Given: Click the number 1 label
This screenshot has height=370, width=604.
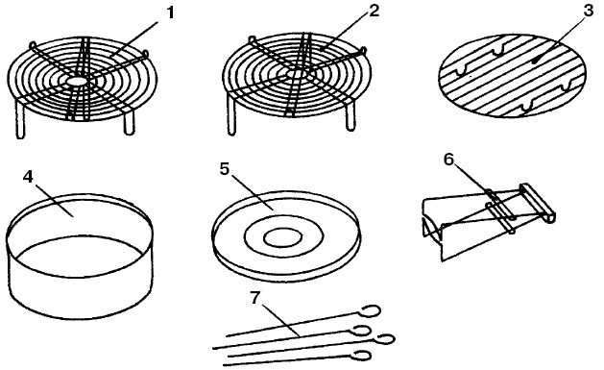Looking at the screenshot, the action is (170, 13).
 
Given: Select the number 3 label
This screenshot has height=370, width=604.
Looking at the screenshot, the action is (589, 11).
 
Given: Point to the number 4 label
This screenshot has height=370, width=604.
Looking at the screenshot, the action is (29, 177).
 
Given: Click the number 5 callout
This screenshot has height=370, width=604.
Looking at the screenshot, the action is (225, 169).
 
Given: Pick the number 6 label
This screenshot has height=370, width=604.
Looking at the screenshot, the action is (449, 160).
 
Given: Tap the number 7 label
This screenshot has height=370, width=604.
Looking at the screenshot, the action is (256, 297).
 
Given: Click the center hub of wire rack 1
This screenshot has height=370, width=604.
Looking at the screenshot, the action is (77, 82).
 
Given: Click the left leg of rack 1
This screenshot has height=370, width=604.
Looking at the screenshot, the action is (21, 119).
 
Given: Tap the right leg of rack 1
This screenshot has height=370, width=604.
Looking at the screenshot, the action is (129, 122).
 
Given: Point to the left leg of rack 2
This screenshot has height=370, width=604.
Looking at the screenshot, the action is (231, 115).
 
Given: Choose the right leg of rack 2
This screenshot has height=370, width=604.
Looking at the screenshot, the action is (350, 116).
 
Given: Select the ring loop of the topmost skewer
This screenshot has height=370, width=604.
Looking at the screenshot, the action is (371, 310).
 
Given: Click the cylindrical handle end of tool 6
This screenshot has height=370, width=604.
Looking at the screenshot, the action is (538, 204).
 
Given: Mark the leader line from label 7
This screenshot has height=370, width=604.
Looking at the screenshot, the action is (280, 320).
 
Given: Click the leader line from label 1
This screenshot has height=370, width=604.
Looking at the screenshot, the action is (133, 39).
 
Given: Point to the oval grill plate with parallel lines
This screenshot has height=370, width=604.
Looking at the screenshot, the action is (512, 76).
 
